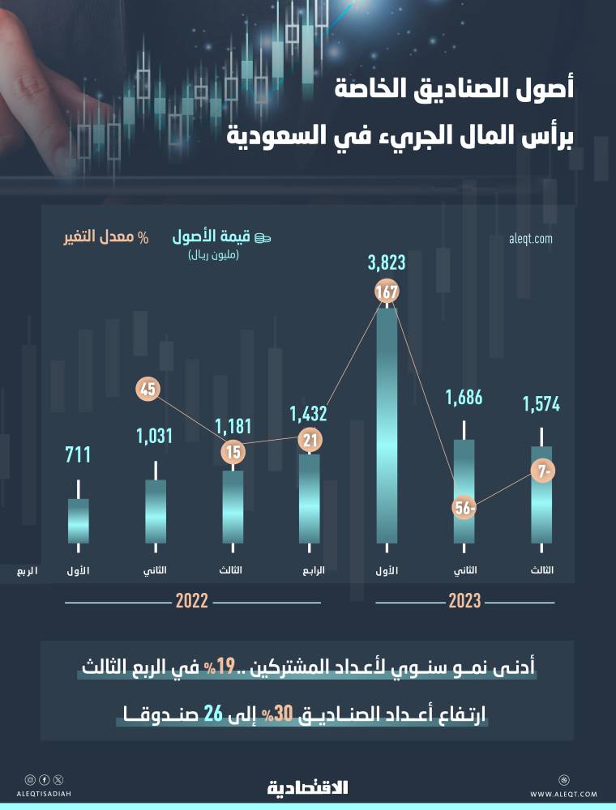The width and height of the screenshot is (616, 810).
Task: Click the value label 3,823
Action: point(386,263)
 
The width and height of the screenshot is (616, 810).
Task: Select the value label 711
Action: point(78,455)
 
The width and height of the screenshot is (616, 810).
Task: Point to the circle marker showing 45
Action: point(148,389)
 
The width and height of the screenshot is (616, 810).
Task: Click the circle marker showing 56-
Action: point(464,509)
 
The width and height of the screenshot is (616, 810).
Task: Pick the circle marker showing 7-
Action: point(542,471)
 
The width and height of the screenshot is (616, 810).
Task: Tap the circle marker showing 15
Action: point(233,453)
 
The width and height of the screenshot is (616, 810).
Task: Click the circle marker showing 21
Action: point(309,441)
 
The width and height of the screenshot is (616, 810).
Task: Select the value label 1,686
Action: point(464,398)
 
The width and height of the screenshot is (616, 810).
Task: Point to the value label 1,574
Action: point(541,403)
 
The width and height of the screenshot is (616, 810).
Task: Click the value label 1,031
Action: point(156,436)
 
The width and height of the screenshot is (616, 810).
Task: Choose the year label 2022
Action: point(192,602)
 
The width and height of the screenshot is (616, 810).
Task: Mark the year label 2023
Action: point(464,602)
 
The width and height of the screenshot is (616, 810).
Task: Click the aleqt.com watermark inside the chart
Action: point(530,238)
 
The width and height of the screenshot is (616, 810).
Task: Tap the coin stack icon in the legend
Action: point(263,237)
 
